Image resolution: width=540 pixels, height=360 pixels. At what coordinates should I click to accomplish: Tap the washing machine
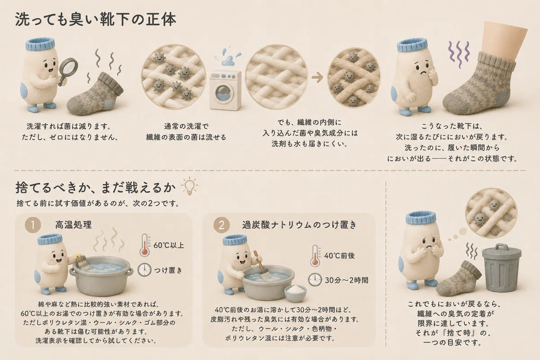point(225,90)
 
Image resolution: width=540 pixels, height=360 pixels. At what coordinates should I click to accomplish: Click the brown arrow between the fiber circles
point(317,77)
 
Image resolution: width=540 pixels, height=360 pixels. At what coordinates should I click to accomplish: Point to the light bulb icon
point(190,186)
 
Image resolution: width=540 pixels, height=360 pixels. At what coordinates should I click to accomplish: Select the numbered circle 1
point(32,225)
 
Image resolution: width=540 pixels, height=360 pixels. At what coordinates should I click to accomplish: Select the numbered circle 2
point(221,225)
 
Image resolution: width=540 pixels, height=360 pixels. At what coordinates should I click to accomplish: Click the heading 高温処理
point(73,225)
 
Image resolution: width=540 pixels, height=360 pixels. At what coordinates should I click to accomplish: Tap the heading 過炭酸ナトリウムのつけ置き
point(299,225)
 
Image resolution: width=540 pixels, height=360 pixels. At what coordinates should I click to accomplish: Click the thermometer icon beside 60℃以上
point(145,245)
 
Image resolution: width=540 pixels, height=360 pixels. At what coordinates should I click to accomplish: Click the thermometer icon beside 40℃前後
point(315,256)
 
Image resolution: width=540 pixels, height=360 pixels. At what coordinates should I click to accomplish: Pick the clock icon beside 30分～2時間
point(315,280)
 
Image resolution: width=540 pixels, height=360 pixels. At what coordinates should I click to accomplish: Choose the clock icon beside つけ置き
point(144,270)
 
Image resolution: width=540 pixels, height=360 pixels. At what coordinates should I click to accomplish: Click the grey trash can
point(501,268)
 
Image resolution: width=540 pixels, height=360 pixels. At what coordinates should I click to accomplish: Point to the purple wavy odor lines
point(459,54)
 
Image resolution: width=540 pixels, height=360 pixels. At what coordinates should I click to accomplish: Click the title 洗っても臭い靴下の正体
point(95,19)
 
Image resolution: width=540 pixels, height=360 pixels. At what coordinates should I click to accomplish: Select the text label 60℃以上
point(169,245)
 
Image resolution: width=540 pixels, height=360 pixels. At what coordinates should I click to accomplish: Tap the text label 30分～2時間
point(346,280)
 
